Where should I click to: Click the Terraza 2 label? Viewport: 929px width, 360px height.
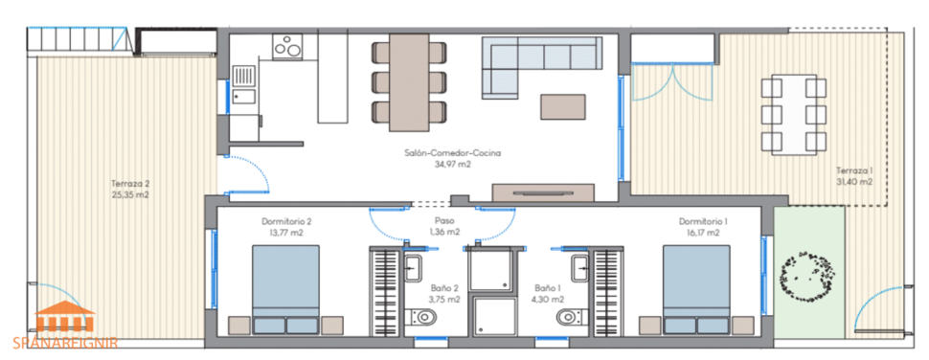pos(130,181)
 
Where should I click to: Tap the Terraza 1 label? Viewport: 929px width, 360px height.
pos(853,170)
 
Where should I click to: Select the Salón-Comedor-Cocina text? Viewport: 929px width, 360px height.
pos(454,152)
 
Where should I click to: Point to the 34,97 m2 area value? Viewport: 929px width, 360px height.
pos(454,164)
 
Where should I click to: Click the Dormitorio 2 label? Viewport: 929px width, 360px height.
pos(286,221)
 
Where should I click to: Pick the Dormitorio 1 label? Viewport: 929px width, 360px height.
pos(702,221)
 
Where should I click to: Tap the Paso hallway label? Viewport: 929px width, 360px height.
pos(442,219)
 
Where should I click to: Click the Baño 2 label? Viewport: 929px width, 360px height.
pos(443,287)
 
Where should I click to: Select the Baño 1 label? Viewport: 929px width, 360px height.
pos(547,287)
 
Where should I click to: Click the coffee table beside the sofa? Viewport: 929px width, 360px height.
pos(561,105)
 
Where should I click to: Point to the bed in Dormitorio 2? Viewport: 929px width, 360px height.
pos(286,288)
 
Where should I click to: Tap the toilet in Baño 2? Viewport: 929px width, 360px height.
pos(421,317)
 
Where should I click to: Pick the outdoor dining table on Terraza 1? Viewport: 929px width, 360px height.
pos(793,115)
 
